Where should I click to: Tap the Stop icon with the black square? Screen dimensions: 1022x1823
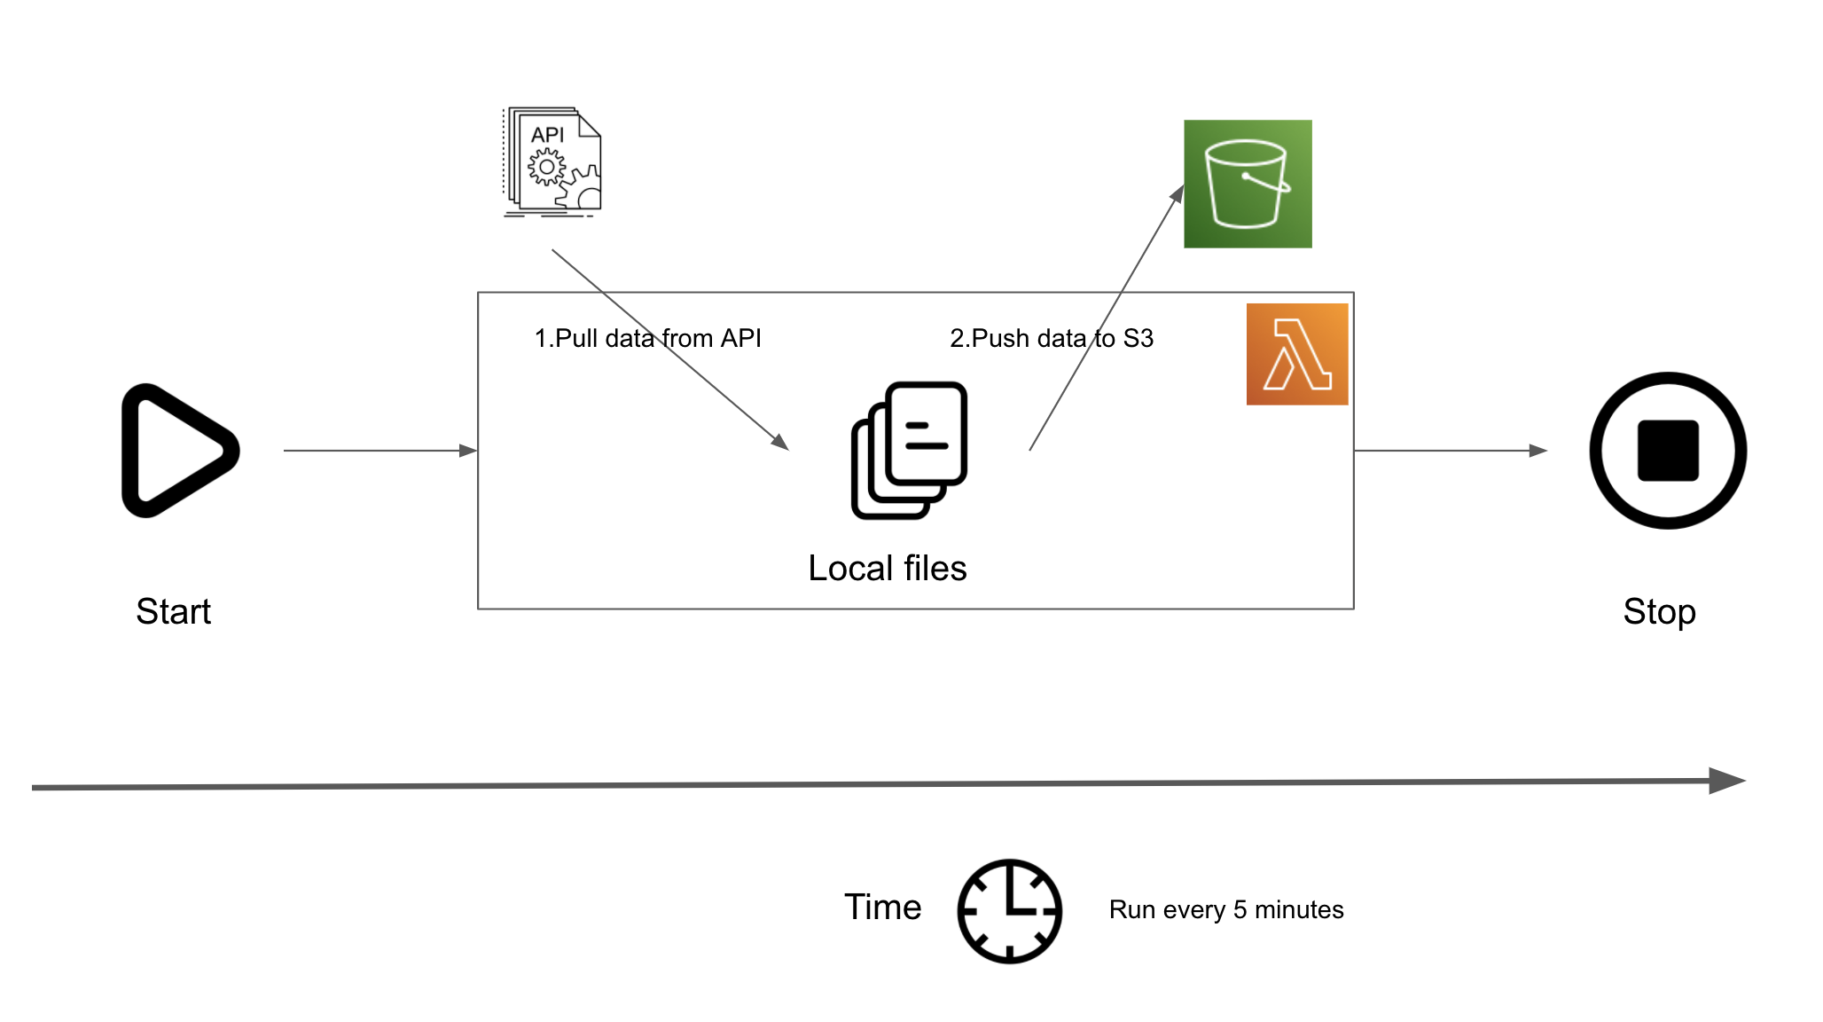point(1668,451)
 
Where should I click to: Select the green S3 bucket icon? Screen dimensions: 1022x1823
point(1248,184)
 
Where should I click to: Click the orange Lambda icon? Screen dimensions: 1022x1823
point(1297,354)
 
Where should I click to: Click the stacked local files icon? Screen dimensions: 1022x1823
point(909,450)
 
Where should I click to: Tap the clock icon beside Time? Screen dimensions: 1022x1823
point(1009,910)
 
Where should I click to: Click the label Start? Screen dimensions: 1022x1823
point(174,611)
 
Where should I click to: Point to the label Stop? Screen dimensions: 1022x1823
point(1659,611)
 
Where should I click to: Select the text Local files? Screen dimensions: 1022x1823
point(887,568)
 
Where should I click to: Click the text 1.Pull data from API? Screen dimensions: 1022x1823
point(647,338)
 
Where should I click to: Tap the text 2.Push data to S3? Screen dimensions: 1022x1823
point(1052,338)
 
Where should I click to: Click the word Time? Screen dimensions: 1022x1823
point(882,907)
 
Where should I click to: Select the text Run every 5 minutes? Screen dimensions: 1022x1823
point(1226,909)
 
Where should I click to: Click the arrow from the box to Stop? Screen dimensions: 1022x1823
point(1450,451)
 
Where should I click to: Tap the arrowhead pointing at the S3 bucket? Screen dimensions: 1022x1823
point(1178,193)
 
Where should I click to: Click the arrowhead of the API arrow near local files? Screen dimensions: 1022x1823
point(780,442)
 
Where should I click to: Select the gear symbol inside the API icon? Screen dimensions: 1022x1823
point(546,167)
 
